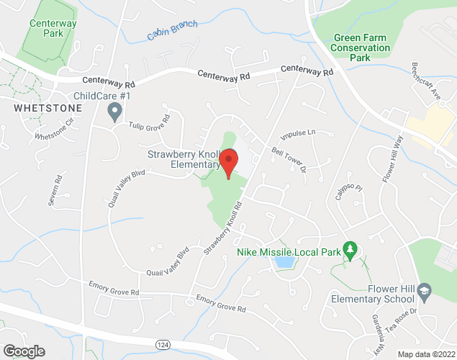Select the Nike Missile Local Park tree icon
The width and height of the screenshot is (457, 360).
click(350, 249)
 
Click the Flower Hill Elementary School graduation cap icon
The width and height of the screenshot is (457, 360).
click(425, 289)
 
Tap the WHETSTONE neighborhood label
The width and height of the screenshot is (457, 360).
click(47, 107)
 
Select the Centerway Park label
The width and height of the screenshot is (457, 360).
click(53, 28)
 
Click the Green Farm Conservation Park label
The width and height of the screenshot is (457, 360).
click(361, 43)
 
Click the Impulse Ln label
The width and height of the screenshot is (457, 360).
click(298, 134)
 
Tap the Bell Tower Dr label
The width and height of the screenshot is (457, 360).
click(289, 160)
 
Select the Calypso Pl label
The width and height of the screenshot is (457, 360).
click(343, 191)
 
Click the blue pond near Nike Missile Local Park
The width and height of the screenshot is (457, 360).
click(284, 262)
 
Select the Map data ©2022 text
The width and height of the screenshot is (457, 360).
click(425, 354)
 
